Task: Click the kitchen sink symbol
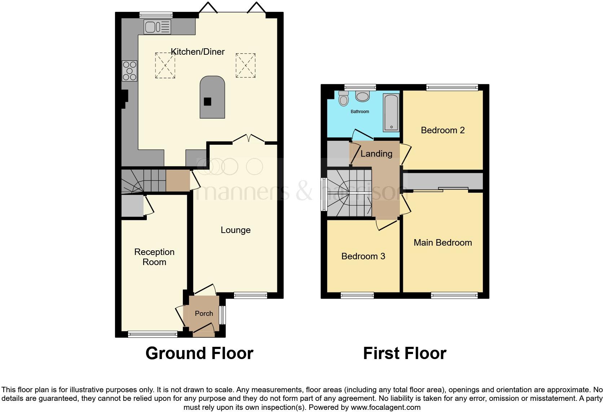point(158,27)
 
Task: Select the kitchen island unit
point(212,97)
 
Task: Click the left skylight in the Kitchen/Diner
point(165,65)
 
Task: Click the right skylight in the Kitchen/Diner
point(246,65)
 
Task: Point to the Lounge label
point(236,230)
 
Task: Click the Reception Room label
point(154,257)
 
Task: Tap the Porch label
point(204,314)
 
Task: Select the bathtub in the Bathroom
point(391,112)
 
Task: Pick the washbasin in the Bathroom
point(362,96)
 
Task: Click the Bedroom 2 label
point(443,130)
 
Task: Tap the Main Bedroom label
point(443,243)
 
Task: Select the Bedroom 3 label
point(363,256)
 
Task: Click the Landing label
point(376,154)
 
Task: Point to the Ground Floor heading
point(199,353)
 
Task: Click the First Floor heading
point(405,353)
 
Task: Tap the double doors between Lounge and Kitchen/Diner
point(248,139)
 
